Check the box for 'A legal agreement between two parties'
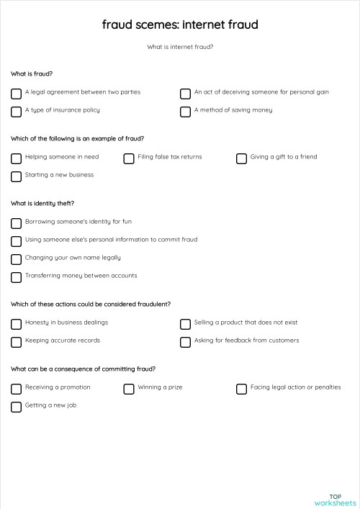(16, 94)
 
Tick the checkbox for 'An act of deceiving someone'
(185, 94)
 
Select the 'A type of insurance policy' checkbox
(16, 112)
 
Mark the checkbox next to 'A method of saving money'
(185, 112)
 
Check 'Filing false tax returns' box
(129, 158)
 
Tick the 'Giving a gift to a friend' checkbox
(241, 158)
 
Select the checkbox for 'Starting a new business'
(16, 176)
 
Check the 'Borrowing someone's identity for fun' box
(16, 223)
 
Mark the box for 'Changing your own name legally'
(16, 259)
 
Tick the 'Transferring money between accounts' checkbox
(16, 277)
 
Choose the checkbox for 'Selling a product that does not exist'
(185, 324)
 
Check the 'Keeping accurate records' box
(16, 342)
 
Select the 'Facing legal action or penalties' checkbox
(241, 389)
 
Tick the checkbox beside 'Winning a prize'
(129, 389)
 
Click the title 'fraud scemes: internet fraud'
(180, 25)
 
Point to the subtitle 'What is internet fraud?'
(180, 48)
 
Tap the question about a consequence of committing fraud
(83, 369)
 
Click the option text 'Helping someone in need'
(62, 157)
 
